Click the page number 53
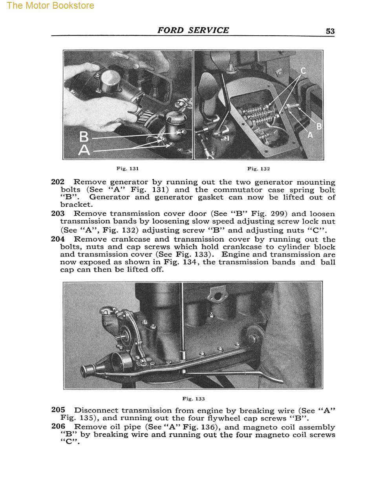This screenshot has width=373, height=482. coord(330,31)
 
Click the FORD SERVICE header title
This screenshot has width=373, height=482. coord(193,30)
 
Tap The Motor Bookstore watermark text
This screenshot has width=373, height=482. coord(50,6)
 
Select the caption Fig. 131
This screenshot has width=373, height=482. coord(128,169)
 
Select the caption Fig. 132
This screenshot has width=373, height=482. coord(258,169)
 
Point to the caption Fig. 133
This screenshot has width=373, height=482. coord(194,399)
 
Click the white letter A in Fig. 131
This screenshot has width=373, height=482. coord(84,150)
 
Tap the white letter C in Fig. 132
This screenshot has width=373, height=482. coord(303,71)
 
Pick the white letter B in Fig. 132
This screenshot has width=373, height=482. coord(319,126)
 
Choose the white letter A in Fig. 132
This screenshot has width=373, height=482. coord(310,135)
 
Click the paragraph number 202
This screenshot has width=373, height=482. coord(58,182)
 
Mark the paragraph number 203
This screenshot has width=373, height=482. coord(58,214)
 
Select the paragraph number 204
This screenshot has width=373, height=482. coord(58,239)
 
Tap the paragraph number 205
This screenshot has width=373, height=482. coord(58,410)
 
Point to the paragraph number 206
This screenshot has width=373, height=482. coord(58,427)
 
